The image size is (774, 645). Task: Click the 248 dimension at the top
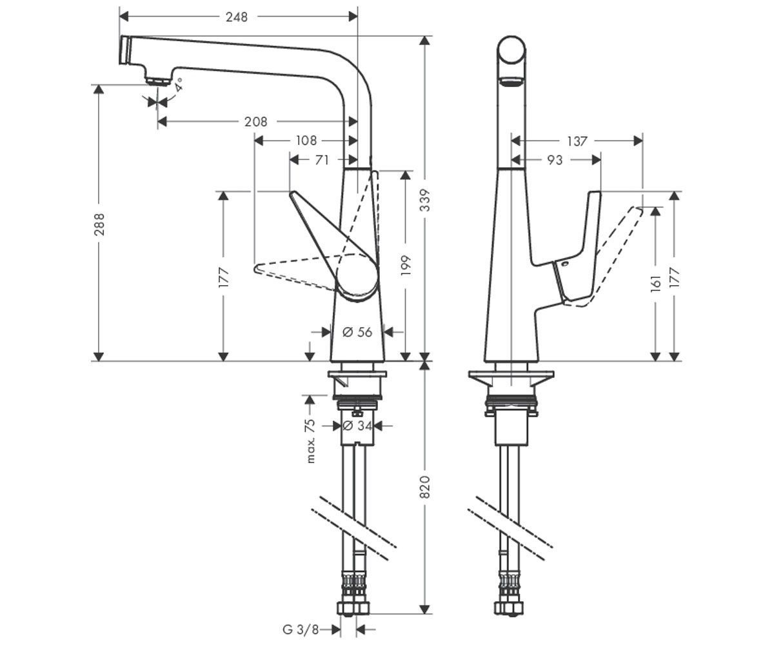pyautogui.click(x=237, y=17)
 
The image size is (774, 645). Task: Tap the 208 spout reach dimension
pyautogui.click(x=255, y=121)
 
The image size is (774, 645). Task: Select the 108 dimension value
pyautogui.click(x=306, y=140)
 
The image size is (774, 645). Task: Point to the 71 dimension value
pyautogui.click(x=322, y=160)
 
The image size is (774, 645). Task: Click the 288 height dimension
pyautogui.click(x=99, y=224)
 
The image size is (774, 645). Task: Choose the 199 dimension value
pyautogui.click(x=406, y=266)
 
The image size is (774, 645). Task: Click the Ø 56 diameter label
pyautogui.click(x=357, y=332)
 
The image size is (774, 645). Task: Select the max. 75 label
pyautogui.click(x=310, y=441)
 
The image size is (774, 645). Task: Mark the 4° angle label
pyautogui.click(x=179, y=83)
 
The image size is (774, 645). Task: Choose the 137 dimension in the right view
pyautogui.click(x=577, y=141)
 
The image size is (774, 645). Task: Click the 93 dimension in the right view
pyautogui.click(x=555, y=160)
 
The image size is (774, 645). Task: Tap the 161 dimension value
pyautogui.click(x=656, y=281)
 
